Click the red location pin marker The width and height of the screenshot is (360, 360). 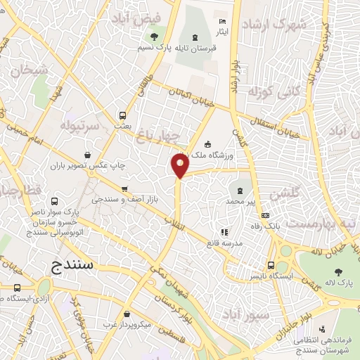(180, 166)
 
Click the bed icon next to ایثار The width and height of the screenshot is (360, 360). (224, 22)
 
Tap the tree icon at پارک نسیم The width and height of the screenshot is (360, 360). (153, 36)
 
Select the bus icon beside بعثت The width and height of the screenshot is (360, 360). (123, 115)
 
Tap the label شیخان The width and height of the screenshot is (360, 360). (26, 70)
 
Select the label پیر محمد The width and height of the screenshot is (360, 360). (241, 201)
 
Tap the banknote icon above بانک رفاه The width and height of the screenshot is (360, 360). (264, 215)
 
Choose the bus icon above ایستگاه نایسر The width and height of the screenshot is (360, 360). (271, 266)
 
